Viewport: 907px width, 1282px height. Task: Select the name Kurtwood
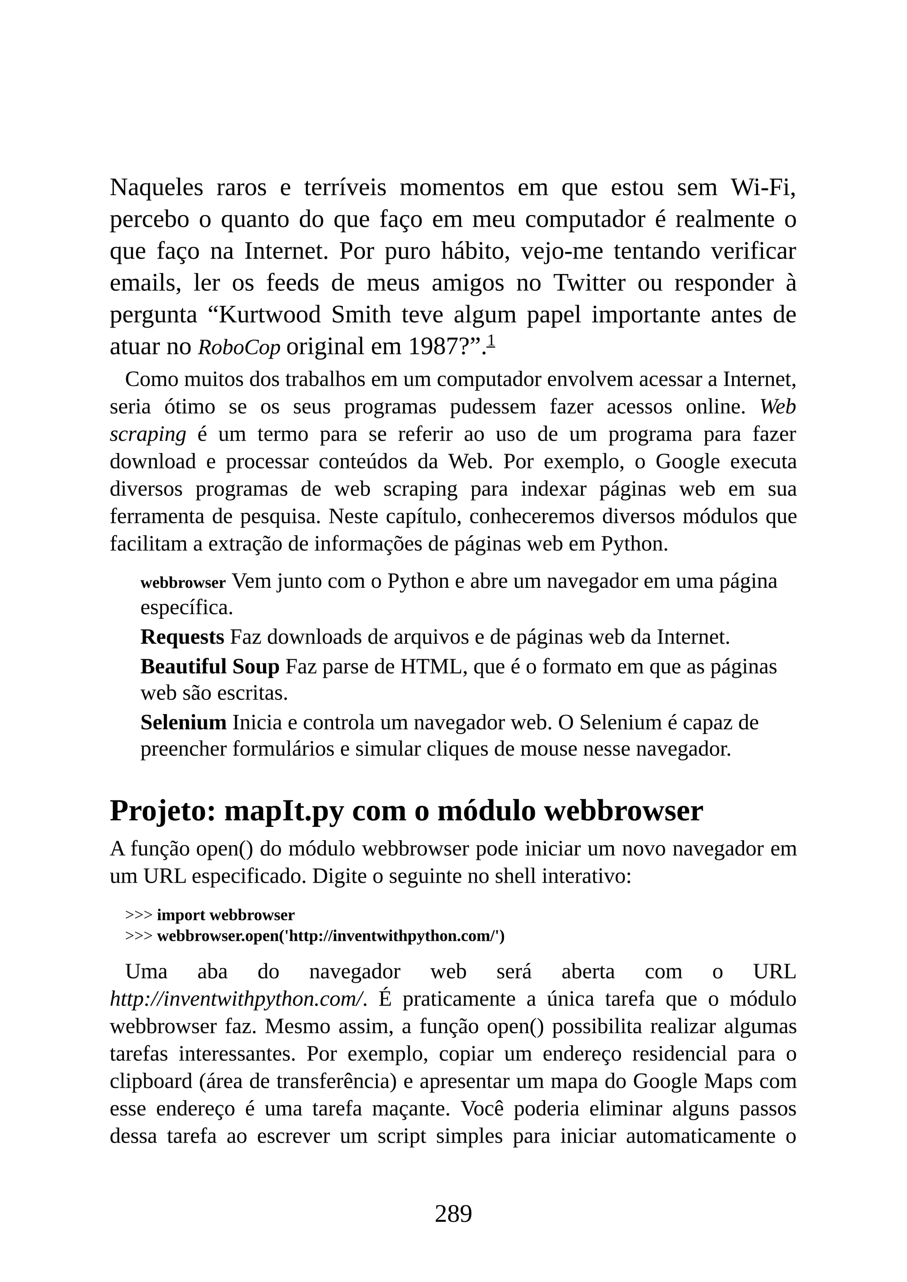(269, 315)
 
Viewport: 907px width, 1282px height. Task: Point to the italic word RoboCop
(239, 348)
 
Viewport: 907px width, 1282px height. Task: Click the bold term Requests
(182, 637)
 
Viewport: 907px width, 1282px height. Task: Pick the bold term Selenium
(183, 722)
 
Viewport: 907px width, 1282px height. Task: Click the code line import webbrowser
(225, 915)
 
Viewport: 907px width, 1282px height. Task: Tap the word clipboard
(151, 1081)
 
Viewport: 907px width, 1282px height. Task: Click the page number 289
(453, 1214)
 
